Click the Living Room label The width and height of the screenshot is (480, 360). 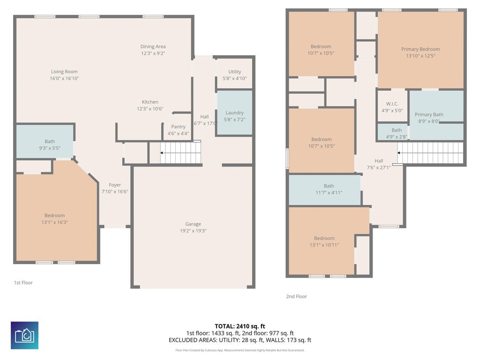click(64, 72)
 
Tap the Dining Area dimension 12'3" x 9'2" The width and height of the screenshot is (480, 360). click(153, 53)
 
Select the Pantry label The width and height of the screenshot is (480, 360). click(178, 127)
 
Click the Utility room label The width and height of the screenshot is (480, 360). click(235, 72)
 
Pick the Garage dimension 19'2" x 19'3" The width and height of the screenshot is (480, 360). click(193, 231)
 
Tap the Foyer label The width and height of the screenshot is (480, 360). click(115, 185)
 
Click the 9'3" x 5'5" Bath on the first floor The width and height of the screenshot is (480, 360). click(45, 141)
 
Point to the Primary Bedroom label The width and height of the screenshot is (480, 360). click(420, 49)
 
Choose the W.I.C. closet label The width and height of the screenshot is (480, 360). click(392, 104)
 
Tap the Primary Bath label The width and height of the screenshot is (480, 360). click(429, 114)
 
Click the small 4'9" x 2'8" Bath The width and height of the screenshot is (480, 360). click(393, 132)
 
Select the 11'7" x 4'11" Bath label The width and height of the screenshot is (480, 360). click(329, 186)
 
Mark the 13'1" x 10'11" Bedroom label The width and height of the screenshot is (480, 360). click(324, 238)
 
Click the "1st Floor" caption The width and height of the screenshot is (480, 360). click(23, 283)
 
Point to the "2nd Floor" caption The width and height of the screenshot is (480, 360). click(296, 296)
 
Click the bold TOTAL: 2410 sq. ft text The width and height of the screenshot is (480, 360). click(240, 326)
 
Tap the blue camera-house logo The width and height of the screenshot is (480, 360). click(24, 335)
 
